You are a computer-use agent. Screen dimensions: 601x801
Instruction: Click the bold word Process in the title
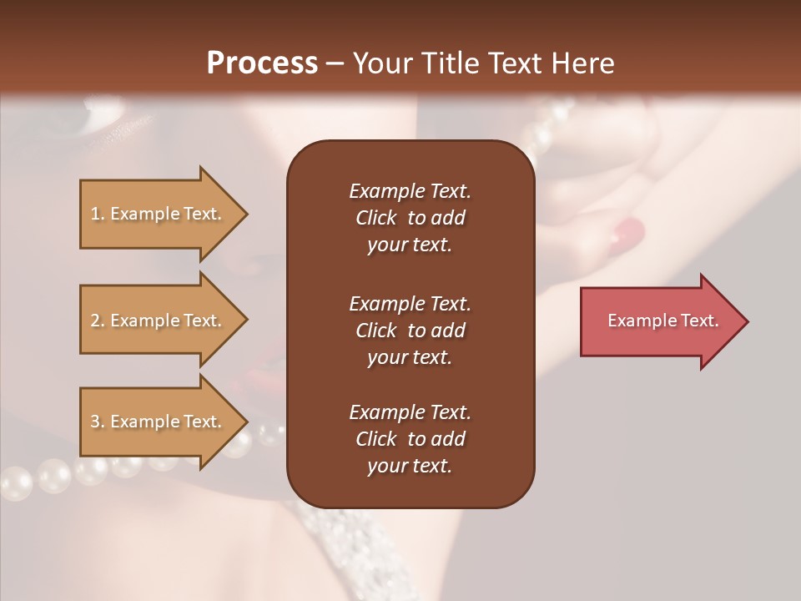[262, 63]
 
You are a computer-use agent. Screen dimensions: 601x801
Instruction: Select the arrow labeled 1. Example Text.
[159, 214]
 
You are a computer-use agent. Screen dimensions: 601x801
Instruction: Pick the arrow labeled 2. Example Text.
[159, 321]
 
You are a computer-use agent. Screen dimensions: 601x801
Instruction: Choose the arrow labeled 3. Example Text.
[159, 422]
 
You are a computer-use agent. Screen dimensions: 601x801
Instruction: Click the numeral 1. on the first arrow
[97, 214]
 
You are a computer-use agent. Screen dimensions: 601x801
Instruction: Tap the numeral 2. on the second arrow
[97, 321]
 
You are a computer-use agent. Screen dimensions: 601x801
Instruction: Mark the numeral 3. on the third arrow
[97, 422]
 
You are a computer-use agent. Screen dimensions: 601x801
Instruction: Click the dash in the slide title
[335, 63]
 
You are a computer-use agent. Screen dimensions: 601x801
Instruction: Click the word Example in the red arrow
[643, 321]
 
